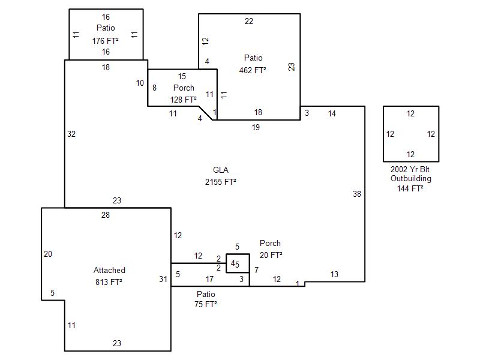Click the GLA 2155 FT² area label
220,181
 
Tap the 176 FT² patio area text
105,41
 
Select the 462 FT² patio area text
253,70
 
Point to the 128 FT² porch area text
183,100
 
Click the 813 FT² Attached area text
109,282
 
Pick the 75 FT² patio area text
205,304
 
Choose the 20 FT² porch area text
271,255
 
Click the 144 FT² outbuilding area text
410,188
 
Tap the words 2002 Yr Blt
410,169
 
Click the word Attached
109,271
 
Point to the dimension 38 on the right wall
357,194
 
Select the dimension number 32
71,134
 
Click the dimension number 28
106,215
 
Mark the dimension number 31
163,279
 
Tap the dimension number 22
249,22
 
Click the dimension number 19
256,127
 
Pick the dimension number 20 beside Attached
48,254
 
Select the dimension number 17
209,280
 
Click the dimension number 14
332,113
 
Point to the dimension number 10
140,83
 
